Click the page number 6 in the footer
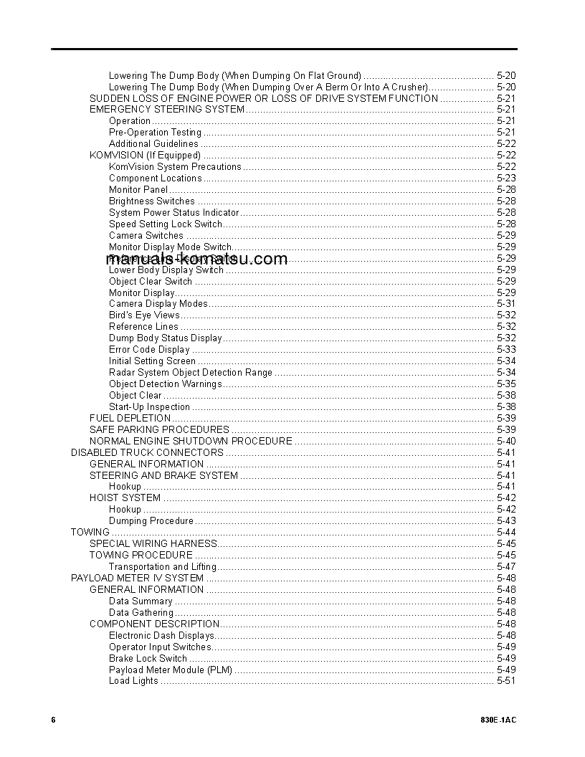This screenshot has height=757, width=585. pos(53,720)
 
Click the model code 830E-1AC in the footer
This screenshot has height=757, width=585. pos(498,720)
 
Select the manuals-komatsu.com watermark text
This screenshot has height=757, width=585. pos(196,260)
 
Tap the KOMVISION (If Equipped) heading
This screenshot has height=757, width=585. pos(145,155)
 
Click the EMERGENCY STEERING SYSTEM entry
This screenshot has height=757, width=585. pos(166,109)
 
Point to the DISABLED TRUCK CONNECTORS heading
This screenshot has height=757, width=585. pos(147,452)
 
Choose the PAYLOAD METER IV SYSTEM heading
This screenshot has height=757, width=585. pos(137,578)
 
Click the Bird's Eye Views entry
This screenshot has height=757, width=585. pos(144,315)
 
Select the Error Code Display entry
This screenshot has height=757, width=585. pos(149,349)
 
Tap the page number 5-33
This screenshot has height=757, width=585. pos(505,349)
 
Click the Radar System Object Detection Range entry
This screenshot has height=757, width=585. pos(191,372)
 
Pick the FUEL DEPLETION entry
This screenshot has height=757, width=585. pos(130,418)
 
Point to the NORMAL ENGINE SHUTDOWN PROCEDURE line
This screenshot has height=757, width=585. pos(191,441)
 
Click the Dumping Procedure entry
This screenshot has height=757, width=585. pos(151,520)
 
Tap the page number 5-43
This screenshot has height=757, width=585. pos(505,520)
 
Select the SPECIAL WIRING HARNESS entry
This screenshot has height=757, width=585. pos(153,543)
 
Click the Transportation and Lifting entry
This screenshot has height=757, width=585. pos(163,566)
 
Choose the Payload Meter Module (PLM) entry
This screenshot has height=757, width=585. pos(171,670)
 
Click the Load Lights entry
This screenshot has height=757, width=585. pos(133,681)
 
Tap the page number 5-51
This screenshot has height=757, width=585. pos(505,681)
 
